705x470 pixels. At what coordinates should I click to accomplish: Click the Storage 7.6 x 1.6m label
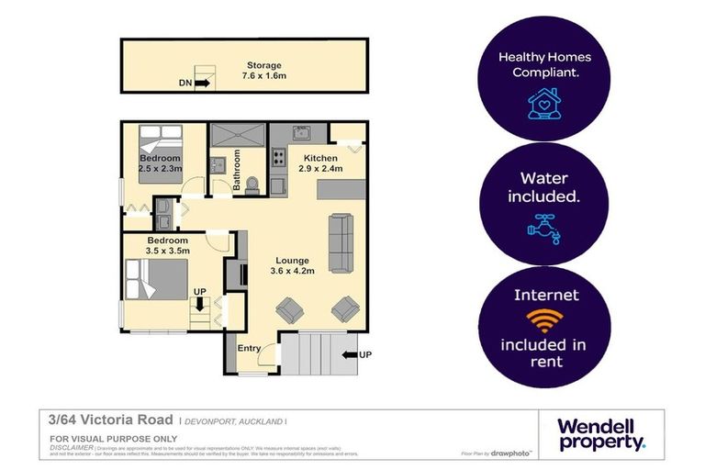click(263, 71)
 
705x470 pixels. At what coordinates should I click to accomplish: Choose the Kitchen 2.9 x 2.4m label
click(309, 163)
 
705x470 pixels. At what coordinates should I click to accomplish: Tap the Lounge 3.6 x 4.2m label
click(292, 265)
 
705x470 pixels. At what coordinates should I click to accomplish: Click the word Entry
click(249, 348)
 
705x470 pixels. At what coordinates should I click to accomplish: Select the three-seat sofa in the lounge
click(341, 243)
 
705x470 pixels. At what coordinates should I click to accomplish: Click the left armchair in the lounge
click(289, 309)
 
